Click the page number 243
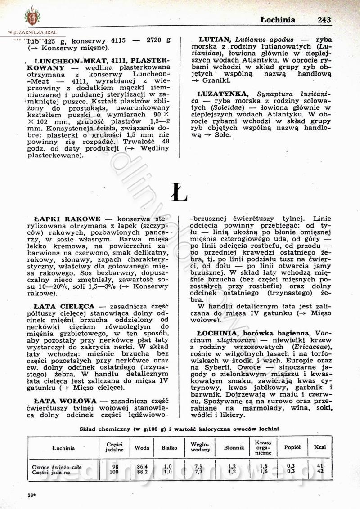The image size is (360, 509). click(x=324, y=20)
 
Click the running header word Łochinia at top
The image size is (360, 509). click(x=278, y=20)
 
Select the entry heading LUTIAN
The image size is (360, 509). click(x=215, y=40)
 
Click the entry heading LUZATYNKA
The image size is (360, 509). click(x=223, y=94)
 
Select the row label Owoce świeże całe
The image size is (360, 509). click(x=57, y=467)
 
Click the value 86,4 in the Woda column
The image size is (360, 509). click(x=142, y=467)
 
